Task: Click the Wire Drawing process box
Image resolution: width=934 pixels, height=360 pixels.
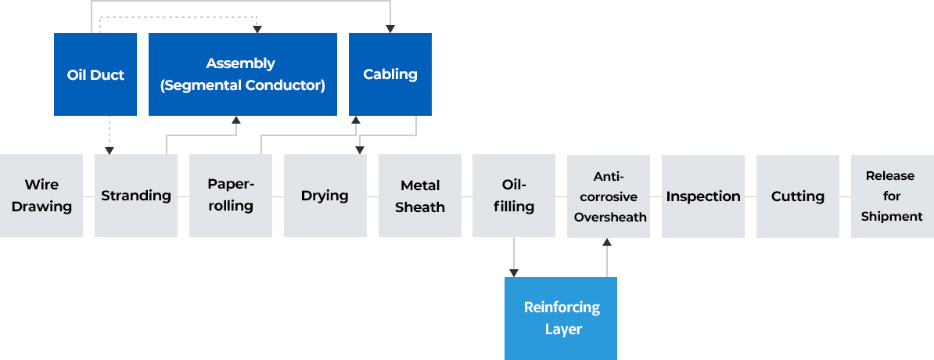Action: pos(41,196)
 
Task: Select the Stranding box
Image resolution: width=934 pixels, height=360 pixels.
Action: pos(136,196)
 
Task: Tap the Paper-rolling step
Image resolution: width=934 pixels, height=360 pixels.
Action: pos(231,196)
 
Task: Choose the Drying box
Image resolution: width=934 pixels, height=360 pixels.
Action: pos(325,196)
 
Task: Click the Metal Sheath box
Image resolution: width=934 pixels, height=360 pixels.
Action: pos(419,196)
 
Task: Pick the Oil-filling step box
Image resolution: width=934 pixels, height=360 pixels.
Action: pos(514,196)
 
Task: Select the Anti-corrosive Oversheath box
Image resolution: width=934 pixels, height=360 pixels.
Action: pos(608,196)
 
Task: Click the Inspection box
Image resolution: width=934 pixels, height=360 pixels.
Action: pos(702,196)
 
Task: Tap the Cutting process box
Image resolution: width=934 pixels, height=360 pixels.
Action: pos(797,196)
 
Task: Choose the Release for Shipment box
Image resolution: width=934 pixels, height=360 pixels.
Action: pos(892,196)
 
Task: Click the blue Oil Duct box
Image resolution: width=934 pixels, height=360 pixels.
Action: pos(95,74)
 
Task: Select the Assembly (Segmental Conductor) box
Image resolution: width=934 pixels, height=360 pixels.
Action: pos(242,74)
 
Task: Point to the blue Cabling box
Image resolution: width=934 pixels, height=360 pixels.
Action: pos(390,74)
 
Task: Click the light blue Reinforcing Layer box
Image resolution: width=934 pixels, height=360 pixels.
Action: pos(561,318)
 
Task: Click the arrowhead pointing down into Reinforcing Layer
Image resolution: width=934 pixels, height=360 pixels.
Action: pos(514,272)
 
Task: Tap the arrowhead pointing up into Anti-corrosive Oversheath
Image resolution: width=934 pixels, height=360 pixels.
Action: pos(607,243)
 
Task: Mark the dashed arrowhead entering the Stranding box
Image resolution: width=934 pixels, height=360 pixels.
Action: pos(109,149)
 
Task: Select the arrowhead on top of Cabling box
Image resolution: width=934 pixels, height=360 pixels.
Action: pos(390,28)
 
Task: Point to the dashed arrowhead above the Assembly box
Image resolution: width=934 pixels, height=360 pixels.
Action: pos(257,28)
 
